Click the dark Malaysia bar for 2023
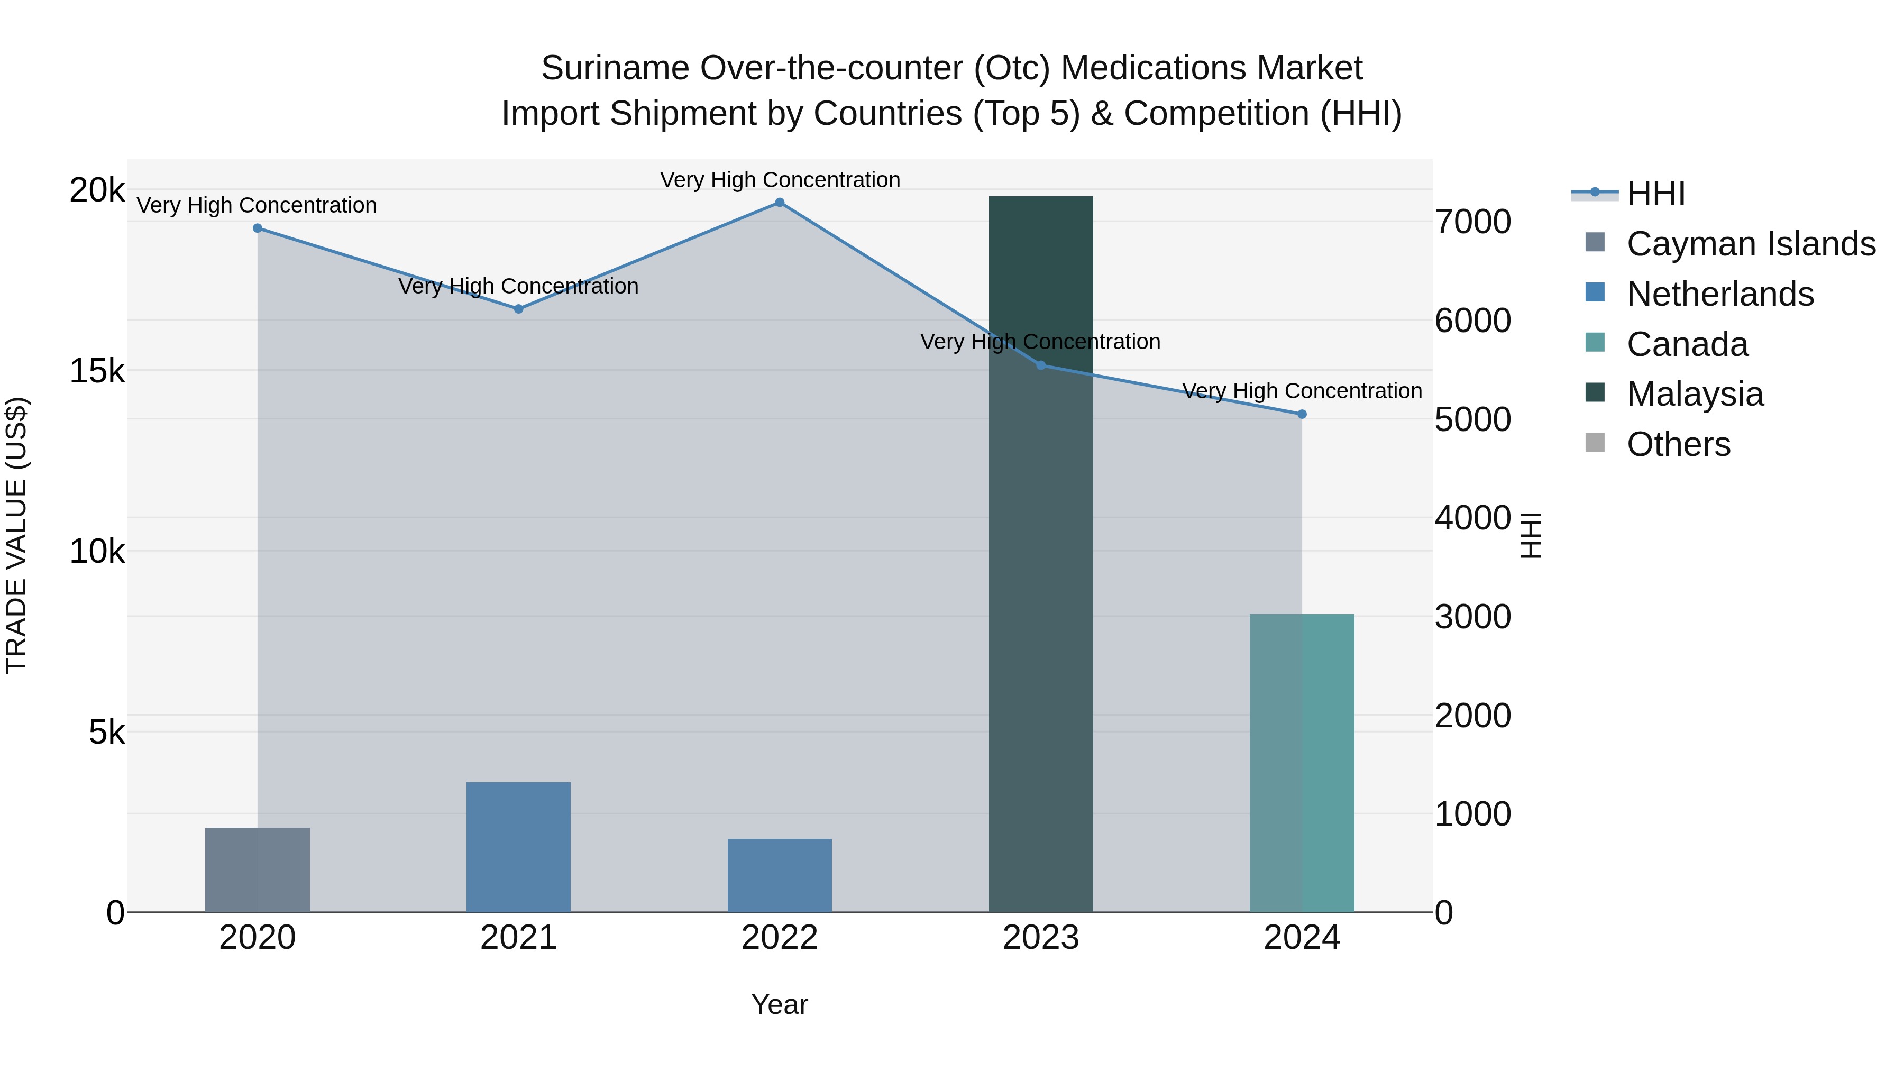click(1041, 554)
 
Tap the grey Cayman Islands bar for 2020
click(257, 870)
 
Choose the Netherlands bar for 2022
click(779, 875)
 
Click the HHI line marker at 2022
click(779, 203)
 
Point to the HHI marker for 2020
click(257, 228)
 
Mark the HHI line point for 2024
click(1302, 415)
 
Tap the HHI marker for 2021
click(518, 309)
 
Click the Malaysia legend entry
click(1694, 394)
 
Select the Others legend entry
click(1678, 444)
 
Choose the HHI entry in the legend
click(1655, 194)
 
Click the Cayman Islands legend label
click(1750, 244)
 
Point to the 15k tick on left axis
click(97, 371)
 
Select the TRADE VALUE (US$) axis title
click(16, 535)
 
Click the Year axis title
click(779, 1004)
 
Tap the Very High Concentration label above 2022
click(779, 180)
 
